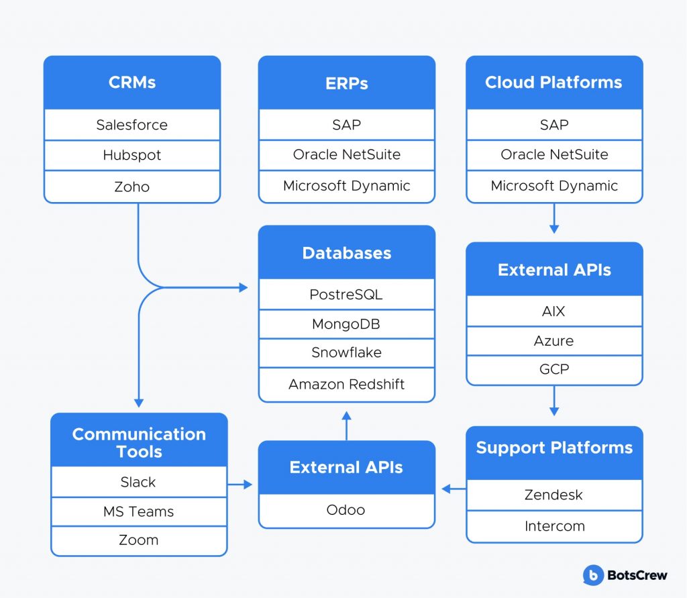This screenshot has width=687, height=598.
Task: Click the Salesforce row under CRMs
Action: tap(132, 125)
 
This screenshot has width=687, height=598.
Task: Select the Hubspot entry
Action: tap(132, 155)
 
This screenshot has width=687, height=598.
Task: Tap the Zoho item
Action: tap(132, 187)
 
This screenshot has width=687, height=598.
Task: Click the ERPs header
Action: tap(347, 83)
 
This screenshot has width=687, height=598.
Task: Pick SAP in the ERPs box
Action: tap(347, 125)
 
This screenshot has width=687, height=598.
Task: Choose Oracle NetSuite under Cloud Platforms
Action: tap(554, 155)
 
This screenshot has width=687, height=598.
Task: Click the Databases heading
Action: tap(347, 253)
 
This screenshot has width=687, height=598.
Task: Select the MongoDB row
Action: tap(347, 324)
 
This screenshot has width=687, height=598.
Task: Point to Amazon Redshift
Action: tap(347, 385)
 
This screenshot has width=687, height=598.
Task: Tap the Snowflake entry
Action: tap(347, 352)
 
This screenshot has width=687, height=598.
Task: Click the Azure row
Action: tap(554, 341)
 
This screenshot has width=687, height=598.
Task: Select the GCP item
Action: tap(554, 370)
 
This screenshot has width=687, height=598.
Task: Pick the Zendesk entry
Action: tap(554, 495)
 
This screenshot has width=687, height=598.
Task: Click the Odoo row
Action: tap(347, 510)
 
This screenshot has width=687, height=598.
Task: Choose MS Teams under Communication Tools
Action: tap(139, 511)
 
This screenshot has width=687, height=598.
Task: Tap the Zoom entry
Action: tap(139, 540)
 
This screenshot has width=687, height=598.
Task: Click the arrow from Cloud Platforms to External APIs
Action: tap(554, 218)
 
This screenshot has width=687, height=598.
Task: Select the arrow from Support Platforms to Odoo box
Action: tap(454, 489)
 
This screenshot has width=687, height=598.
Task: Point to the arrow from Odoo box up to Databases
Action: tap(347, 426)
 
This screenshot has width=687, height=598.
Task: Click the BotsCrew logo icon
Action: tap(593, 575)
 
